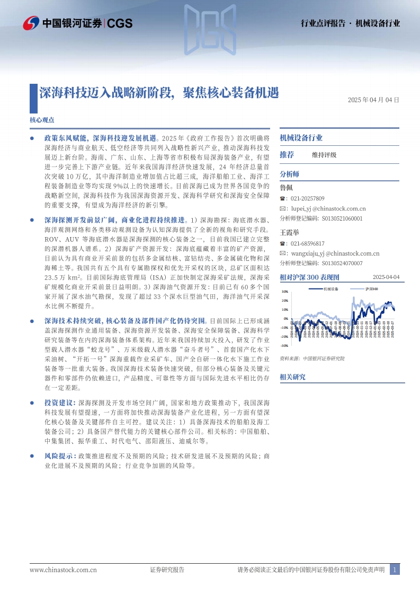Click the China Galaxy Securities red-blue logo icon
[31, 23]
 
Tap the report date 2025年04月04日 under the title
[373, 100]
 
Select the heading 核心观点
[42, 120]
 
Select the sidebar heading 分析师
[289, 173]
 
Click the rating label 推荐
[287, 155]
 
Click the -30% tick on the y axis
[284, 345]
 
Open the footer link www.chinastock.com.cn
[63, 570]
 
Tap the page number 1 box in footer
[394, 570]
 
